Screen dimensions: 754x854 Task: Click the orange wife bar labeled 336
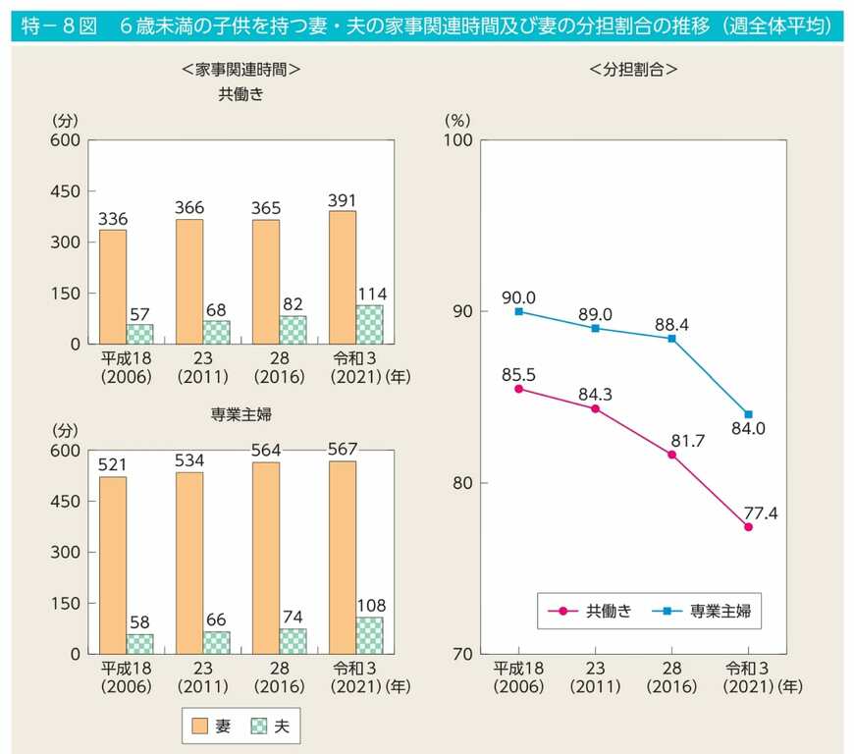tap(113, 286)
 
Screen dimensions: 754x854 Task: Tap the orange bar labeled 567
tap(342, 557)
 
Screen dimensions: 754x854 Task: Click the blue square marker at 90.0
tap(519, 311)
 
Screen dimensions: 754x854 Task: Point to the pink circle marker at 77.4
tap(748, 527)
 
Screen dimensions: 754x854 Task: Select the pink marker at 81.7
tap(671, 455)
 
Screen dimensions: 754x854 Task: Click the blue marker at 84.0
tap(748, 414)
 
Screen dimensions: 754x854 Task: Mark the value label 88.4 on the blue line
tap(671, 322)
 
